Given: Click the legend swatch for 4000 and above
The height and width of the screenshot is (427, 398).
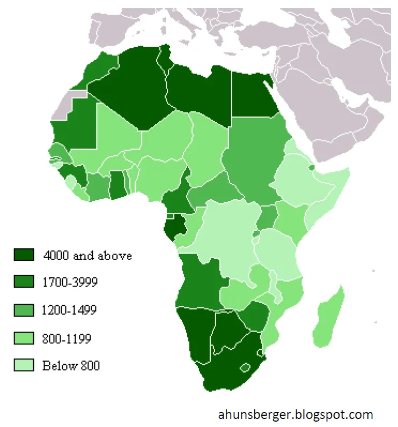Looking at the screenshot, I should pos(24,255).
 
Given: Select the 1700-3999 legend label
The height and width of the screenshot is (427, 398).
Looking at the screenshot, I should pos(70,282).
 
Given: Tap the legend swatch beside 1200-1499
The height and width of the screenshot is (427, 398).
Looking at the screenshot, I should pos(24,310).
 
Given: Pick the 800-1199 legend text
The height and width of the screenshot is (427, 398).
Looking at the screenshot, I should pos(67,338).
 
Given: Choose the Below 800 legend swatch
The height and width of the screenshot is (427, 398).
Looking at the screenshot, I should pos(24,366).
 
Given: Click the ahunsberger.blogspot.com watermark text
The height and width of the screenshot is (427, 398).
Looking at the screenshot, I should pos(296,414).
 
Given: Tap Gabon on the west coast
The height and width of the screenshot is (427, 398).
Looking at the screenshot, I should pos(175,229).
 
